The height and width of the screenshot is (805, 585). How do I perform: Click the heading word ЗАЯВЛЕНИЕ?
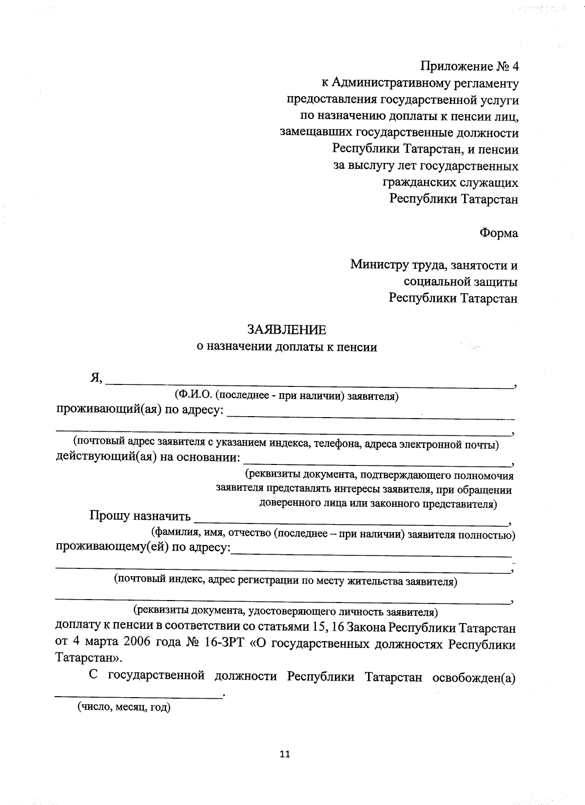(287, 330)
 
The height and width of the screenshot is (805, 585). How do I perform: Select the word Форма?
(498, 233)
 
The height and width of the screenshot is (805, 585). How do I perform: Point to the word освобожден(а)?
(474, 677)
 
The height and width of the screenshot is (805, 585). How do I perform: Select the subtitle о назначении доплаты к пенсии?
(287, 347)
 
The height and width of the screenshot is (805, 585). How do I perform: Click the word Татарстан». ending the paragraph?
(87, 658)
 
